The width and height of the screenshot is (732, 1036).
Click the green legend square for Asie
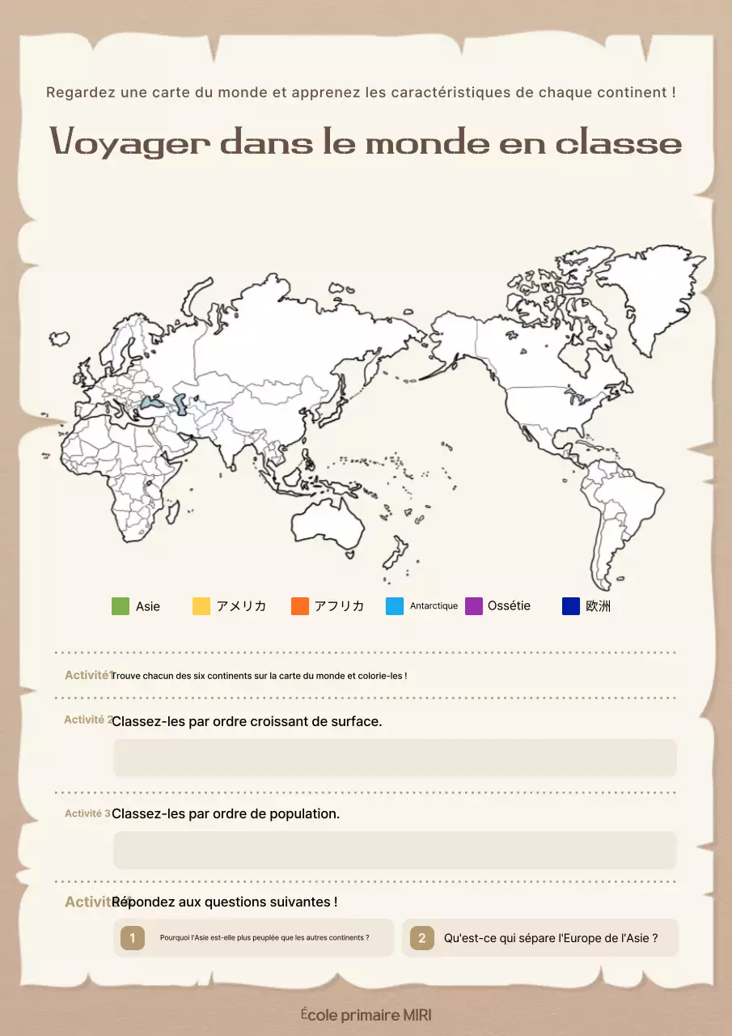(x=121, y=606)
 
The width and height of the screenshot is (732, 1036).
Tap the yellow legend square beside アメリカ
(x=201, y=606)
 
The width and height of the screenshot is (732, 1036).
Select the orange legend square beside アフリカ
(x=300, y=606)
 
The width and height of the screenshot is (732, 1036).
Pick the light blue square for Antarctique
(x=395, y=606)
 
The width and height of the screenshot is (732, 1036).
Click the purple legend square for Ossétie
(x=474, y=606)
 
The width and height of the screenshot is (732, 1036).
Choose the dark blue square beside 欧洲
(x=571, y=606)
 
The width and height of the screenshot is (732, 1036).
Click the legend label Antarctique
(x=434, y=606)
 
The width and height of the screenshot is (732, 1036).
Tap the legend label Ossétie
(x=509, y=606)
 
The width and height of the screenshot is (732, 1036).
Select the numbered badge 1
(x=133, y=938)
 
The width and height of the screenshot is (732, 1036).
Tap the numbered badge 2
(x=421, y=938)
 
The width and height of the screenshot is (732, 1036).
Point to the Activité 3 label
(x=87, y=813)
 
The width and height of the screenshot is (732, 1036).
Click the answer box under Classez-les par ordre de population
(x=395, y=850)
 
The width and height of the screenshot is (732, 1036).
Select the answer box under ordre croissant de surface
(x=395, y=758)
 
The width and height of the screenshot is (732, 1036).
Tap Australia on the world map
(x=328, y=518)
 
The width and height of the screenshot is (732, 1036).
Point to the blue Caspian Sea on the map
(x=180, y=402)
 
